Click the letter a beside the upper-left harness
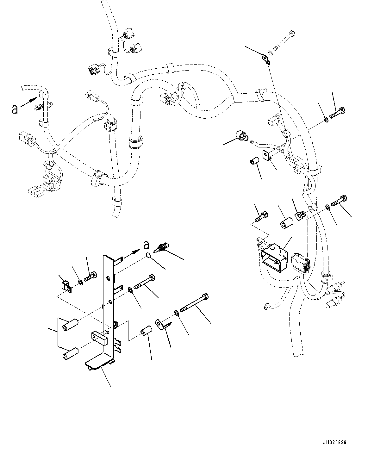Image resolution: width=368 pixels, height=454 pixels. tap(15, 109)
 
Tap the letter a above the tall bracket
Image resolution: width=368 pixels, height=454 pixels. tap(146, 245)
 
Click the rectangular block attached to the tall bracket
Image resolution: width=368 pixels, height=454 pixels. tap(99, 338)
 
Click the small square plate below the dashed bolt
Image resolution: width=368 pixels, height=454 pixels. tap(267, 59)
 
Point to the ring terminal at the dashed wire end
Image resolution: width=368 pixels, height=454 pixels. tap(266, 306)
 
